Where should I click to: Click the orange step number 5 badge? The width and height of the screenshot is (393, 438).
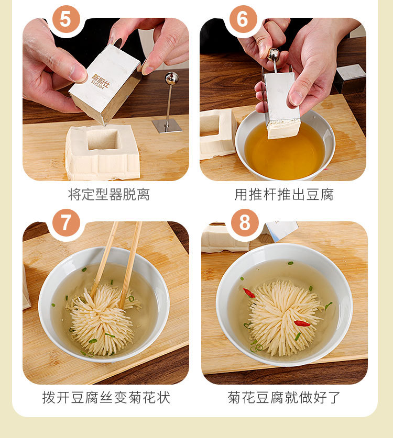67,19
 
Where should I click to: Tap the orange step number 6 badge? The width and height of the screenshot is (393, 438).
243,19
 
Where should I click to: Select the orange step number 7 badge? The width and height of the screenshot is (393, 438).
67,222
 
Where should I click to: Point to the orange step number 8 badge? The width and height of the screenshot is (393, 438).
245,222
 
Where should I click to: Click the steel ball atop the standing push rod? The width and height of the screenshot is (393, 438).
171,78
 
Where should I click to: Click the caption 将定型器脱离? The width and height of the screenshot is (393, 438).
109,195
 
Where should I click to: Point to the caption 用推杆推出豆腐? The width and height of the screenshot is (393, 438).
284,195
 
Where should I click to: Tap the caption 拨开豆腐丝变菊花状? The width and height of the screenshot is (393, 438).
106,397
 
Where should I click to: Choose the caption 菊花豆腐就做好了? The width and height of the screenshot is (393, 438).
283,397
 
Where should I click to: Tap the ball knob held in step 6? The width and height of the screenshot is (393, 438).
273,55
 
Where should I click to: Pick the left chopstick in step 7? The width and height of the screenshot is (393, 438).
104,257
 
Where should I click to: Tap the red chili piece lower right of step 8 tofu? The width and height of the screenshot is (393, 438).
302,324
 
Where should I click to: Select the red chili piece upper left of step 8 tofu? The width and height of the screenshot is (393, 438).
249,293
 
